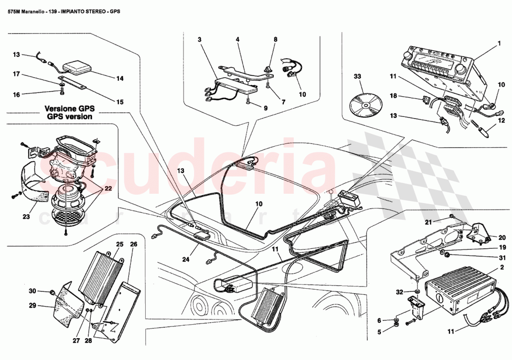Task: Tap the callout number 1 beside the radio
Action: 499,43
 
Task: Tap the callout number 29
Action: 32,306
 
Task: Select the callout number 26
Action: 133,244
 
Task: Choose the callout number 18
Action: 393,95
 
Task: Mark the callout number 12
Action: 501,120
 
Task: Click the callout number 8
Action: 275,40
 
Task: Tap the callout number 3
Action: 200,40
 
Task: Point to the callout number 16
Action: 16,95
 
